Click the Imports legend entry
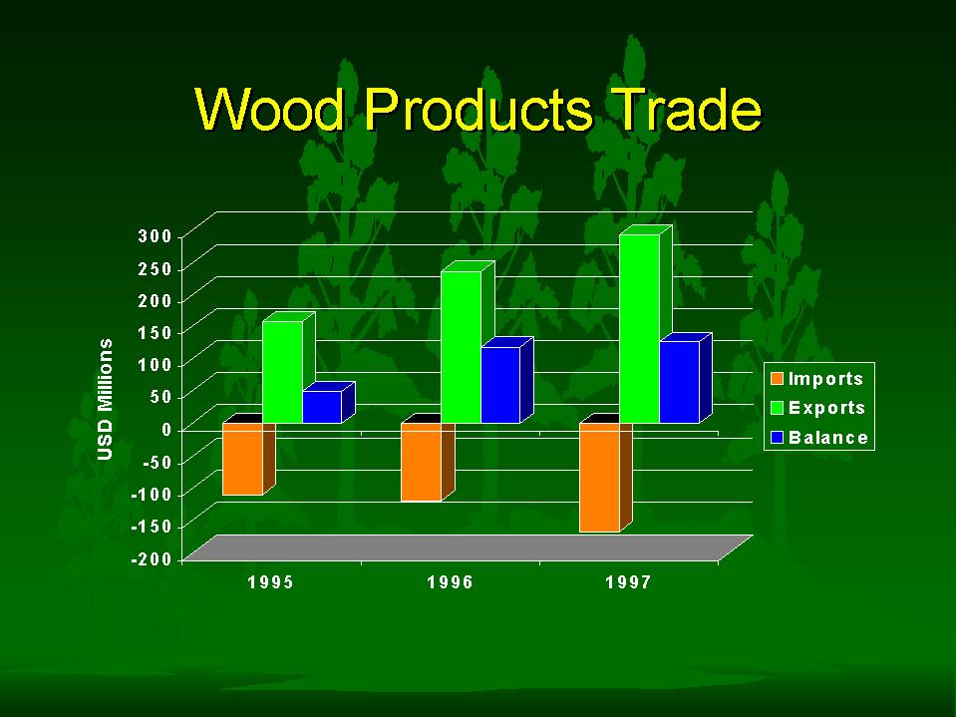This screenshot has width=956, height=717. coord(817,379)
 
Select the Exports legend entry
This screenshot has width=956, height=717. coord(817,407)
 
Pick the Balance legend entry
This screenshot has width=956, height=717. coord(819,437)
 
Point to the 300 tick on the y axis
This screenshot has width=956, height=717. coord(155,236)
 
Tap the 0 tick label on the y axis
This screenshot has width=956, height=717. coord(166,429)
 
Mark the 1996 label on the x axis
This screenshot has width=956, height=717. coord(450,582)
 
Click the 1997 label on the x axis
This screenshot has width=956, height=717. coord(628,582)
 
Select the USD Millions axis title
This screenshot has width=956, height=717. coord(105,399)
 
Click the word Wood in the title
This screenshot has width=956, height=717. coord(270,109)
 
